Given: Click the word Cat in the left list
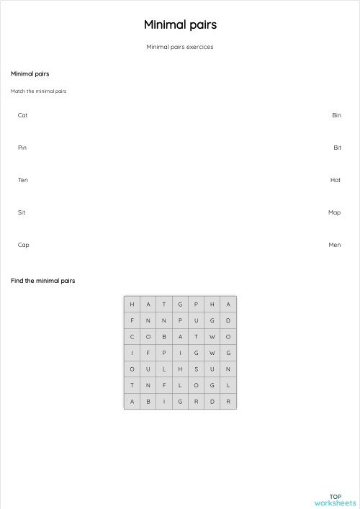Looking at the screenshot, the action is pyautogui.click(x=23, y=115).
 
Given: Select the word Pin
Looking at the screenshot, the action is pyautogui.click(x=22, y=148).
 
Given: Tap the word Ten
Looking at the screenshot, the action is pyautogui.click(x=23, y=180).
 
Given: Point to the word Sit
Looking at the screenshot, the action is pyautogui.click(x=22, y=212).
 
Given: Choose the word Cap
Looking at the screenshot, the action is pyautogui.click(x=24, y=245).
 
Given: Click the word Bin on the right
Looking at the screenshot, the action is pyautogui.click(x=336, y=115).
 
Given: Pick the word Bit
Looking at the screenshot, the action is pyautogui.click(x=337, y=148).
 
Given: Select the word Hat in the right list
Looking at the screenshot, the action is pyautogui.click(x=336, y=180).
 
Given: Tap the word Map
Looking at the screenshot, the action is pyautogui.click(x=334, y=212).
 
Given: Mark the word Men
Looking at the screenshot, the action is pyautogui.click(x=335, y=245).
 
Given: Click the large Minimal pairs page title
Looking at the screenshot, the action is pyautogui.click(x=180, y=24).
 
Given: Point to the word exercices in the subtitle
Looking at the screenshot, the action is pyautogui.click(x=199, y=48).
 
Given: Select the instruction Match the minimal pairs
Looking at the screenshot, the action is pyautogui.click(x=39, y=91).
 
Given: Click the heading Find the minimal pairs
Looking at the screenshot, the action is pyautogui.click(x=42, y=281).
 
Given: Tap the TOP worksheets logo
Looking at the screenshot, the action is pyautogui.click(x=335, y=500).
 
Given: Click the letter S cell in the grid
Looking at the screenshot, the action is pyautogui.click(x=196, y=369).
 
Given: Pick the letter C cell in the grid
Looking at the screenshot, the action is pyautogui.click(x=132, y=336).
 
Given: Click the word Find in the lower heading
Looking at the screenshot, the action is pyautogui.click(x=17, y=281).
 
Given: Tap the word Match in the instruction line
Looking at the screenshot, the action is pyautogui.click(x=17, y=91).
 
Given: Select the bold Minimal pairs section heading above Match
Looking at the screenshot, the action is pyautogui.click(x=30, y=74).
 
